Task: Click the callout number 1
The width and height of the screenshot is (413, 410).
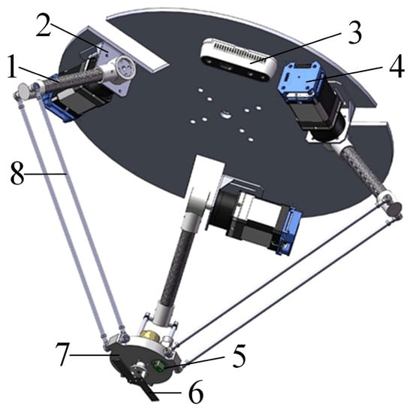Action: (x=12, y=66)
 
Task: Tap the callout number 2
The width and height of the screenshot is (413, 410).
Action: (x=44, y=25)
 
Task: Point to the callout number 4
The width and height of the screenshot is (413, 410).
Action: (x=396, y=66)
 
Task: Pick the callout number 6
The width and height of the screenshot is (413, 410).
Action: (x=196, y=392)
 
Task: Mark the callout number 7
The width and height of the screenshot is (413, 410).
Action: (x=62, y=354)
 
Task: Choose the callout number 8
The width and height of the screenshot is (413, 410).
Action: (x=17, y=173)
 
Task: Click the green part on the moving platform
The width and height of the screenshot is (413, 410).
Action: (x=158, y=366)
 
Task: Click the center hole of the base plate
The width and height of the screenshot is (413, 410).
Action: (x=225, y=114)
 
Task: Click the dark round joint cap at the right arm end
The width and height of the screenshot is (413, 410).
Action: (x=394, y=208)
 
